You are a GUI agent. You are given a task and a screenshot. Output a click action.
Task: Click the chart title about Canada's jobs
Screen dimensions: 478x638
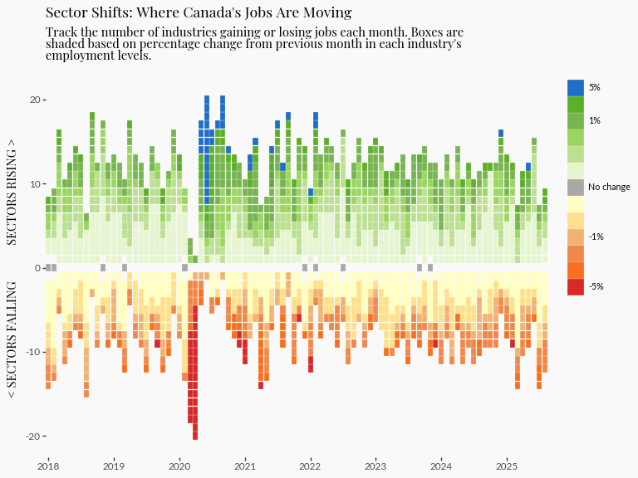click(x=199, y=12)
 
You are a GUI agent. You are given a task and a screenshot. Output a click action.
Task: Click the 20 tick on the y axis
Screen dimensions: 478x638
click(x=36, y=100)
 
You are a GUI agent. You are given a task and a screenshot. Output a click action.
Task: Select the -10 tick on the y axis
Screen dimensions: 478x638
click(x=33, y=352)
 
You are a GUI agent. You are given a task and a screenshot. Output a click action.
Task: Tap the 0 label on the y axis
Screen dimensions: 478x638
click(x=38, y=268)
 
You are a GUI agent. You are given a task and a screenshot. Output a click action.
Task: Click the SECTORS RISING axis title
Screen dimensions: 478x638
click(x=12, y=192)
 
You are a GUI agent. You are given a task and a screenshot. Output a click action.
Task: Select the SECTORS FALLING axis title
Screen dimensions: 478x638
click(x=12, y=339)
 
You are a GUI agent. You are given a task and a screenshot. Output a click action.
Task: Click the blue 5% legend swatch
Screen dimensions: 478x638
click(x=576, y=87)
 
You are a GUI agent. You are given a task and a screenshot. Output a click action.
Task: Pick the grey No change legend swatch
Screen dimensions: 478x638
click(x=576, y=187)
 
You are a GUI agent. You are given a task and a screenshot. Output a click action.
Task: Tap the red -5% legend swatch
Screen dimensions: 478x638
click(x=576, y=286)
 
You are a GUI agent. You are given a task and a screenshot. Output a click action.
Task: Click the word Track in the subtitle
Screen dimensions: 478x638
click(x=61, y=32)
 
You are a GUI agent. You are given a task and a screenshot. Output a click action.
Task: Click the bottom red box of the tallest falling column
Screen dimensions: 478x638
click(x=195, y=435)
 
